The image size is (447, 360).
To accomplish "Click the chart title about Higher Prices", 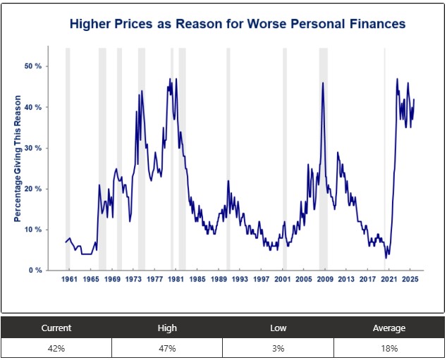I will pos(237,24).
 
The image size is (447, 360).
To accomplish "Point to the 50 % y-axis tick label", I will pos(34,66).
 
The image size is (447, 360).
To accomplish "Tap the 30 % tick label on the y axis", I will pos(34,148).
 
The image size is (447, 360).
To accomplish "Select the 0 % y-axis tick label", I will pos(36,271).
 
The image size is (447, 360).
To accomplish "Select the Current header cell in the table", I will pos(56,328).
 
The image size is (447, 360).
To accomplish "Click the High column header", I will pos(167,328).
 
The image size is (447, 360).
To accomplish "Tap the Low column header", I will pos(278,328).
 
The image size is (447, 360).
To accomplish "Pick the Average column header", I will pos(389,328).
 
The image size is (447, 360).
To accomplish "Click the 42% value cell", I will pos(56,348).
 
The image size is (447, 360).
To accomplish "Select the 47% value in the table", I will pos(167,348).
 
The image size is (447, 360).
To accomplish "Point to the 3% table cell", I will pos(278,348).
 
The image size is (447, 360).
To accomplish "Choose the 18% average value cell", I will pos(389,348).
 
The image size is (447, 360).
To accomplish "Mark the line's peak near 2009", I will pos(323,83).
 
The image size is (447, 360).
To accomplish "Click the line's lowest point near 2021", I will pos(386,258).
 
